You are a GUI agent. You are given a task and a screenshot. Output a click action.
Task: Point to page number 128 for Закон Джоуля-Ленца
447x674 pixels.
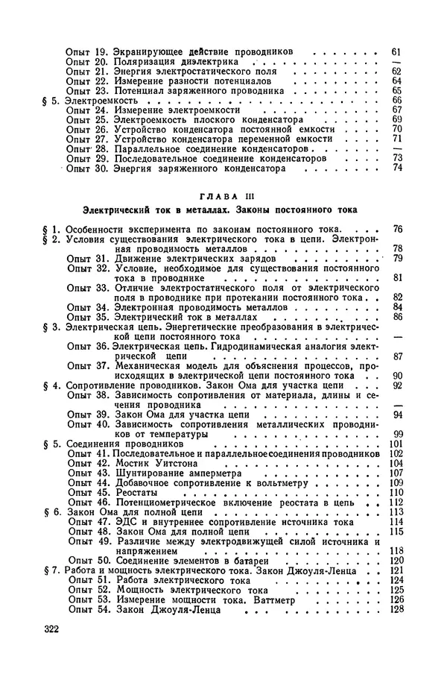395,609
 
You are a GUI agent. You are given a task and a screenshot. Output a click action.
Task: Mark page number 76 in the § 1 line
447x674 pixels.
396,228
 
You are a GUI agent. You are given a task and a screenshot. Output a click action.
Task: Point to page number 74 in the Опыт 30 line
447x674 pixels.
396,168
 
